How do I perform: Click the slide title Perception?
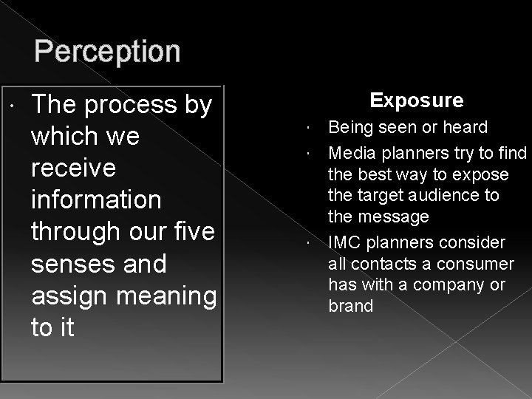[107, 52]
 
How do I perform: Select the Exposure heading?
[417, 100]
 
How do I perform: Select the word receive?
[73, 168]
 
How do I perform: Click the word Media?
[350, 153]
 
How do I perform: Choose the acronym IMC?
[345, 242]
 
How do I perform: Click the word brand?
[351, 305]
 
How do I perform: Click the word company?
[446, 284]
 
